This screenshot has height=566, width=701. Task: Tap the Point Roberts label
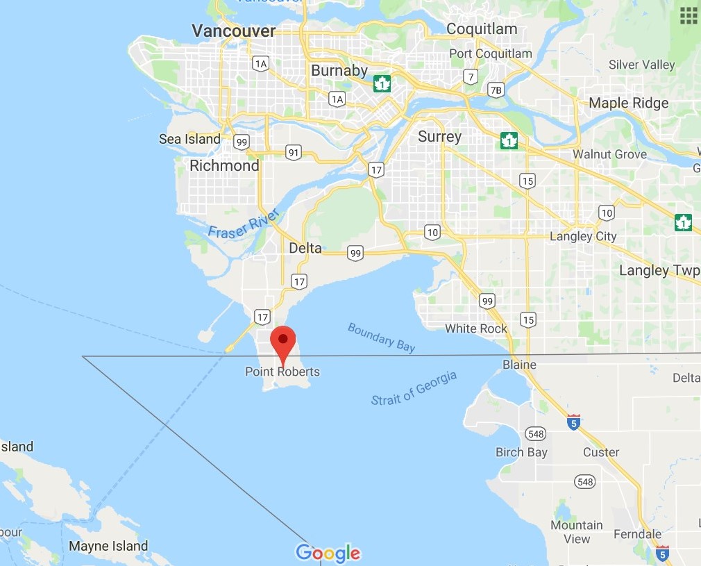282,372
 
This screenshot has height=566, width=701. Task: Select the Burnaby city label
339,71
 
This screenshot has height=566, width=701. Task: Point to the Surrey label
439,136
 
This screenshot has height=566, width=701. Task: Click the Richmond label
224,166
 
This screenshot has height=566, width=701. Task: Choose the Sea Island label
189,139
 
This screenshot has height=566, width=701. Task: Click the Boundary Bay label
381,338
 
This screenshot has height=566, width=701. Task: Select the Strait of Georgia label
414,388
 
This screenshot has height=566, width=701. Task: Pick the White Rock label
476,328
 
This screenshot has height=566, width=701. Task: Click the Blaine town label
519,365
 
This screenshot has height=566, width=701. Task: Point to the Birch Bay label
521,452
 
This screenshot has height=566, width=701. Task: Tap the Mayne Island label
108,546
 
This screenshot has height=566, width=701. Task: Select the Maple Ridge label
628,103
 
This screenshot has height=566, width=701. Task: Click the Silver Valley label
641,65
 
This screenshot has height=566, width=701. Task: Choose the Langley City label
583,236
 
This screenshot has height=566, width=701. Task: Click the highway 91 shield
293,152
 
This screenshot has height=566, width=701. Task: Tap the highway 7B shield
496,90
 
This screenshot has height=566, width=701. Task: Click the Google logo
328,553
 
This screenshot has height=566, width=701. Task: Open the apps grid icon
689,15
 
